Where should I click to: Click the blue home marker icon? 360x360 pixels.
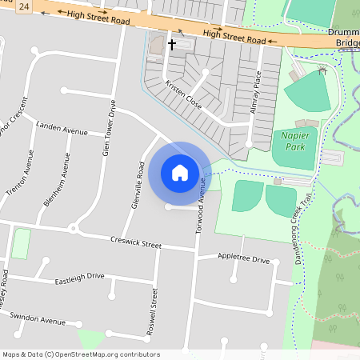(x=180, y=172)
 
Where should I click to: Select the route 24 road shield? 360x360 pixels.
(x=26, y=6)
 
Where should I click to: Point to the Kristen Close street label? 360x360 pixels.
(x=183, y=95)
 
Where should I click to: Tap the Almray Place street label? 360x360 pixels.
(x=256, y=91)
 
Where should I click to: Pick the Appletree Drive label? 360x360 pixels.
(x=243, y=258)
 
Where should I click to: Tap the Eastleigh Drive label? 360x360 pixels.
(x=79, y=279)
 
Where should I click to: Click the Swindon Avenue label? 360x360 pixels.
(x=38, y=319)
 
